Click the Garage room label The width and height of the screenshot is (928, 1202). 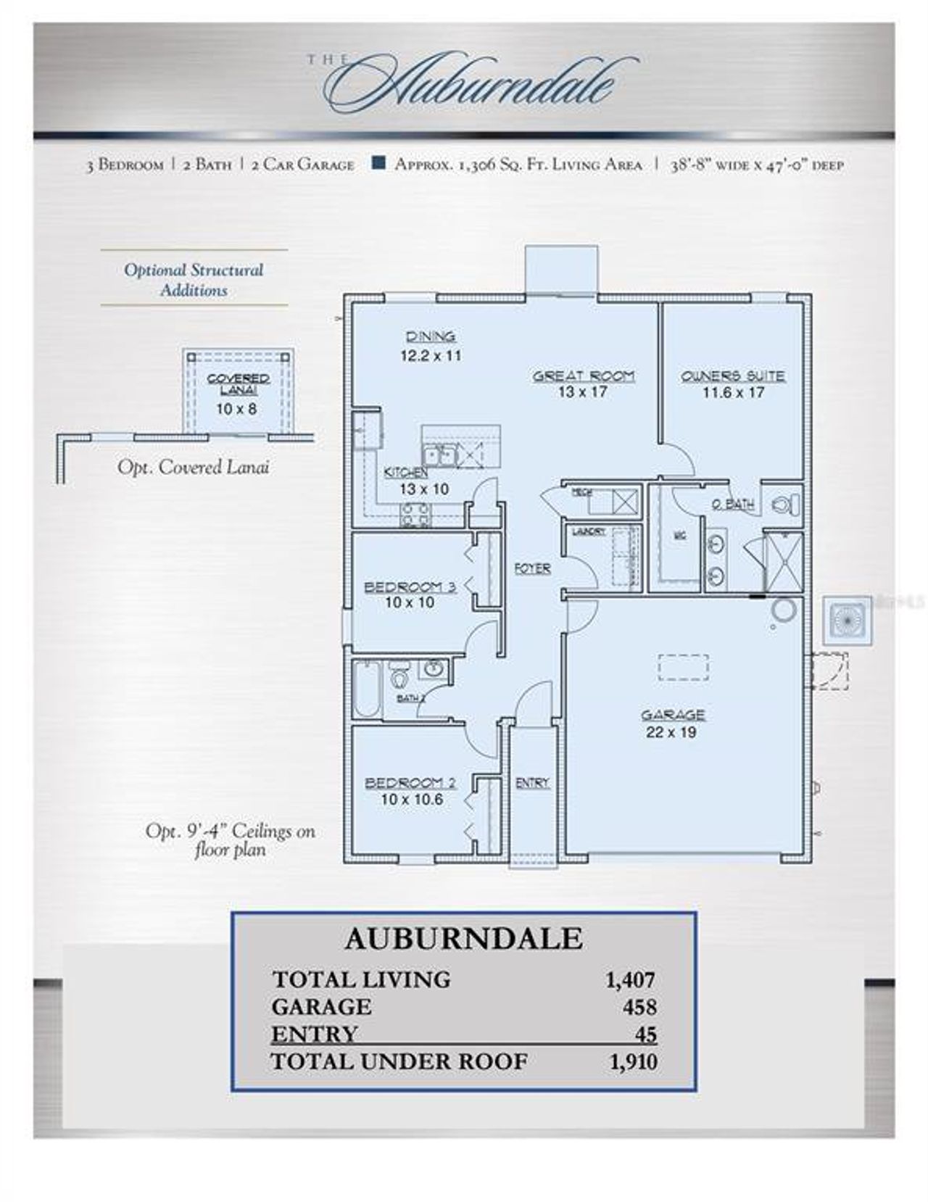(672, 715)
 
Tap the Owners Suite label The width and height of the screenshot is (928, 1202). (733, 376)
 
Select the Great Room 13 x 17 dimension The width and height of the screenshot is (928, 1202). (584, 392)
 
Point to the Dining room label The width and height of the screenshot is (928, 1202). (431, 336)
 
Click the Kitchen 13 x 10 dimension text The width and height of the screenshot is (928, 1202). (424, 489)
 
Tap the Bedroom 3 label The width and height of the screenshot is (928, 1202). (410, 587)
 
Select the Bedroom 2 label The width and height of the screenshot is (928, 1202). (410, 783)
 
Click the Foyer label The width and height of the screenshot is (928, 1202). (532, 569)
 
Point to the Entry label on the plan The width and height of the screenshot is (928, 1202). (532, 783)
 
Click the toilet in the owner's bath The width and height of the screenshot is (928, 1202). (784, 503)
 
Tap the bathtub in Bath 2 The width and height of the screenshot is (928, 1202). (367, 689)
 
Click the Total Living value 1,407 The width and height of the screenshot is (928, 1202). (630, 980)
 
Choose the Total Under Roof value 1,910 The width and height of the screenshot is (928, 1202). (633, 1062)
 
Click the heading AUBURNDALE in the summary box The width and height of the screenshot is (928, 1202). (463, 939)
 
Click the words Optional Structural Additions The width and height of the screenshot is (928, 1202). (194, 280)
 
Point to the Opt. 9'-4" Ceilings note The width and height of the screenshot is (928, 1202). (230, 840)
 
